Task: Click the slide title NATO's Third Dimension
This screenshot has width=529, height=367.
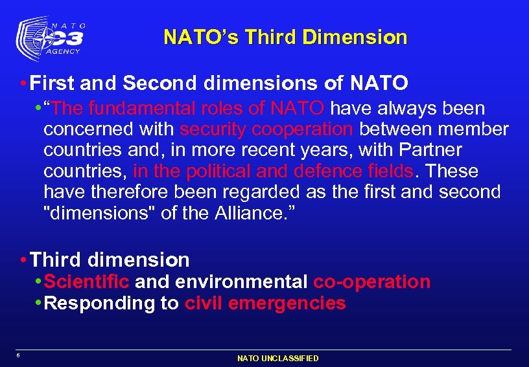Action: click(x=285, y=37)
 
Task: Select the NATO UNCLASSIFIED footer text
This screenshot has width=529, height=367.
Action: click(x=277, y=358)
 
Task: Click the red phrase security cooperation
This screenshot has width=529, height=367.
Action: click(x=266, y=129)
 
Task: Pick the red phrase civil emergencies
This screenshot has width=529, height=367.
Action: click(x=265, y=304)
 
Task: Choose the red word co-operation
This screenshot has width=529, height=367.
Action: click(x=371, y=282)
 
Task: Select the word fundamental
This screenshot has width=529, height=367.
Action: click(x=137, y=108)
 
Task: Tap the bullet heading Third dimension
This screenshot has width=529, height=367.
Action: click(x=110, y=260)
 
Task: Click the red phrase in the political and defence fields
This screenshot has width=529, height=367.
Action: click(x=273, y=171)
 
